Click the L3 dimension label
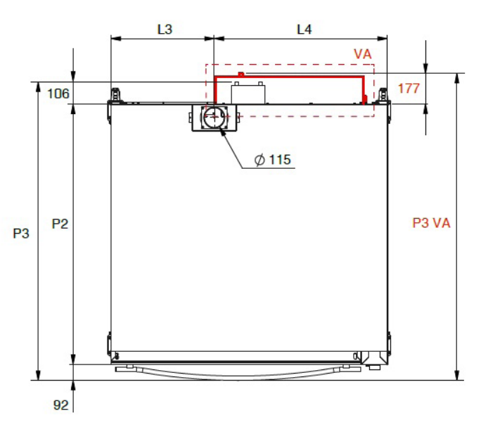[165, 30]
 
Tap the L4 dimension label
[305, 30]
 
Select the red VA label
[363, 54]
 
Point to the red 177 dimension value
[409, 88]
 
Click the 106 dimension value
[58, 94]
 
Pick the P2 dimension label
[60, 224]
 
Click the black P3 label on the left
[21, 233]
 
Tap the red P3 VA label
[431, 223]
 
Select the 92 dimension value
[60, 405]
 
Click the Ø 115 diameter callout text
[273, 160]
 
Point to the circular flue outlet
[214, 117]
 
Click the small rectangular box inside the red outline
[248, 93]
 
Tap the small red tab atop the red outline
[241, 75]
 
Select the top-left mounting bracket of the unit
[116, 96]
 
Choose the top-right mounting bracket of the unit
[383, 96]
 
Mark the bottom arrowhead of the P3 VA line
[457, 375]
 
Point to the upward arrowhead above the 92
[73, 386]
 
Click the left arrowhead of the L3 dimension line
[116, 39]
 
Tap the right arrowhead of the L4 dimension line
[382, 39]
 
